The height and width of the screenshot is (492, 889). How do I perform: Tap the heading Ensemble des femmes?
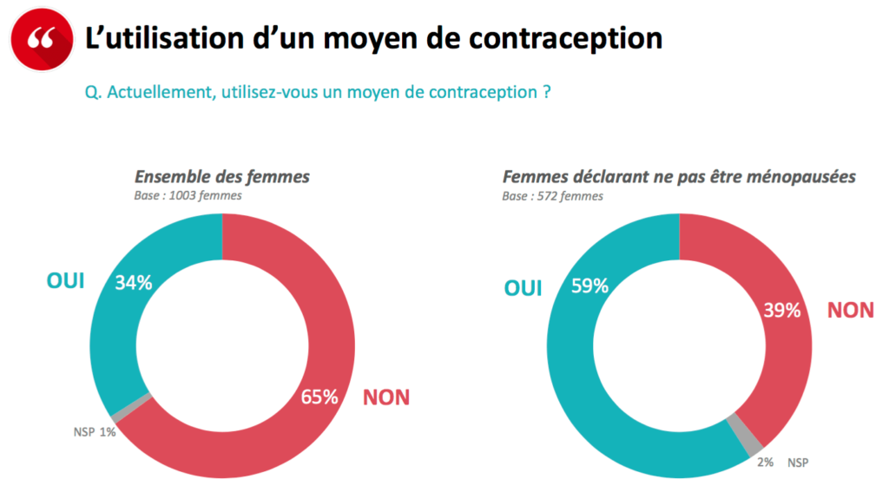click(x=221, y=177)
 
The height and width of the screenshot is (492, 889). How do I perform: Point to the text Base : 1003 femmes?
click(x=188, y=196)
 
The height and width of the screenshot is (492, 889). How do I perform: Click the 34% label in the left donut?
click(x=134, y=282)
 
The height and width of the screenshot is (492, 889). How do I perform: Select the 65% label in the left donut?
click(x=319, y=397)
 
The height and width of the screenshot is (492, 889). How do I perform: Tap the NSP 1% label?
click(x=95, y=430)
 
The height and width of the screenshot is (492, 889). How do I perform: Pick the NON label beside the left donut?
click(x=385, y=398)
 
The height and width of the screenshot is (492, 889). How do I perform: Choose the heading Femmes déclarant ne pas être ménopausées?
click(x=679, y=177)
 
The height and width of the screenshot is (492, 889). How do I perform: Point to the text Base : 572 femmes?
click(x=552, y=196)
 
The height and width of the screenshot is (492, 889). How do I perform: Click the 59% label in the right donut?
click(x=589, y=286)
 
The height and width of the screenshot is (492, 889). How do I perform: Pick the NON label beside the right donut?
click(x=850, y=311)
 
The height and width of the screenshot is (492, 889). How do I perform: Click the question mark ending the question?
click(x=546, y=93)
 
